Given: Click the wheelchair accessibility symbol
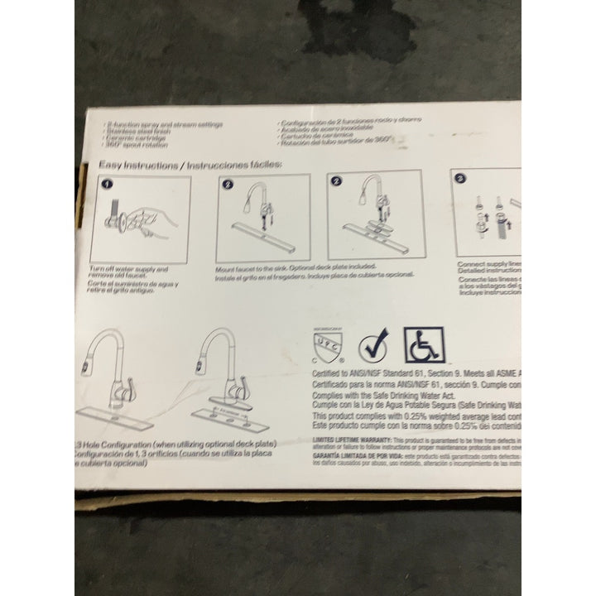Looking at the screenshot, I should point(424,344).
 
